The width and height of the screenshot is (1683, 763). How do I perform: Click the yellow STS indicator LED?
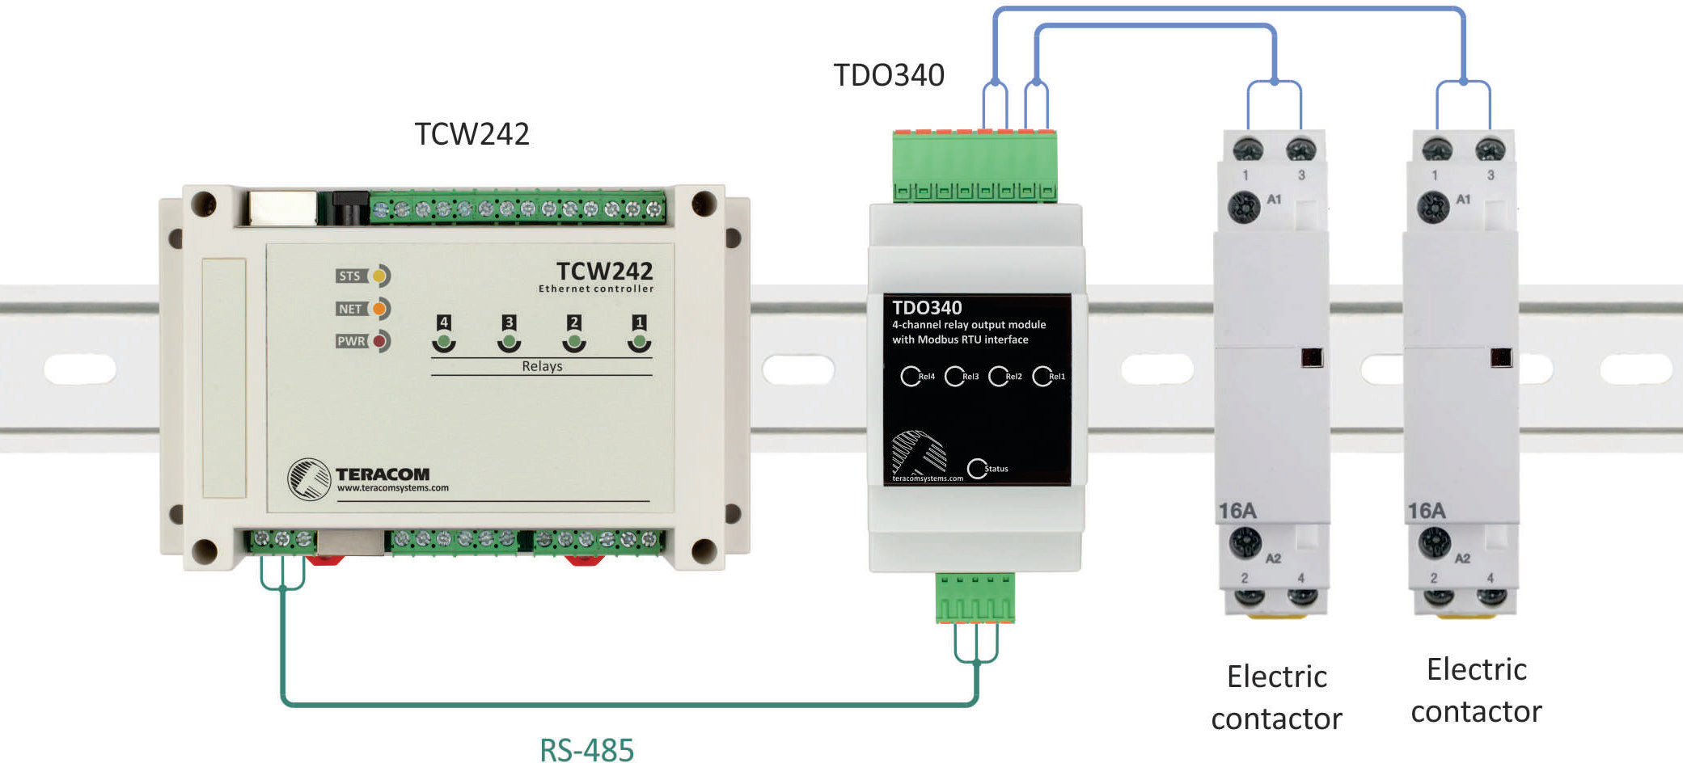pyautogui.click(x=378, y=276)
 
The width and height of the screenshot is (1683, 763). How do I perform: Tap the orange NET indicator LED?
pyautogui.click(x=378, y=309)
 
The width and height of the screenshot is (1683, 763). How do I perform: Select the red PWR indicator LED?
pyautogui.click(x=378, y=341)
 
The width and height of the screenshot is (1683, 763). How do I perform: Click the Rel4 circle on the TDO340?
pyautogui.click(x=910, y=377)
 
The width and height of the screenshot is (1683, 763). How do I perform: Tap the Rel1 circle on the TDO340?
pyautogui.click(x=1042, y=377)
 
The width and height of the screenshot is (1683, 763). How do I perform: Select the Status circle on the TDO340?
pyautogui.click(x=977, y=469)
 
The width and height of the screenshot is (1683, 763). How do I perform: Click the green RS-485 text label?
pyautogui.click(x=587, y=749)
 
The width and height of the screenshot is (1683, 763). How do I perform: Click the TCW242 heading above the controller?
pyautogui.click(x=472, y=134)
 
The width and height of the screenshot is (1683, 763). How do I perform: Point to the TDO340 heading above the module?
pyautogui.click(x=889, y=75)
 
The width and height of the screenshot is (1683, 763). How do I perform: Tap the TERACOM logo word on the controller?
pyautogui.click(x=383, y=474)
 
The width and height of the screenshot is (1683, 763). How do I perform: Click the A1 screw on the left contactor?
pyautogui.click(x=1245, y=207)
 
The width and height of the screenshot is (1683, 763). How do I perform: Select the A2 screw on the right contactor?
pyautogui.click(x=1435, y=542)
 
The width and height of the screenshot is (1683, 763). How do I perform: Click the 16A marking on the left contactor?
pyautogui.click(x=1237, y=511)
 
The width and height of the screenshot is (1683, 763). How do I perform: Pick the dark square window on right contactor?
pyautogui.click(x=1501, y=357)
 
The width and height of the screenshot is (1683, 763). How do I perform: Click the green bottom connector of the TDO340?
pyautogui.click(x=975, y=598)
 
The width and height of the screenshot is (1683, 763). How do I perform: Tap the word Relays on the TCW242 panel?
pyautogui.click(x=542, y=366)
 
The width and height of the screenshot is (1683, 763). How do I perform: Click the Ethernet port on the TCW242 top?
pyautogui.click(x=282, y=209)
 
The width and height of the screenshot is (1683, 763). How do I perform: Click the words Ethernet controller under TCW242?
pyautogui.click(x=596, y=289)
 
